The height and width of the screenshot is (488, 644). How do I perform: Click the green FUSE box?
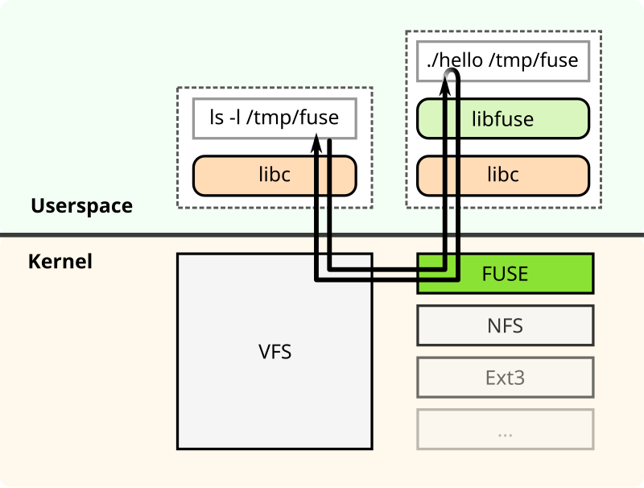[505, 274]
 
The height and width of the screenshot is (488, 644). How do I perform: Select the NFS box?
[505, 325]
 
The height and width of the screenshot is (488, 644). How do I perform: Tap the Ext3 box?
[505, 377]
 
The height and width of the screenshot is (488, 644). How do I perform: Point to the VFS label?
[275, 352]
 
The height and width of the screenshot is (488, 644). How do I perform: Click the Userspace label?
[81, 205]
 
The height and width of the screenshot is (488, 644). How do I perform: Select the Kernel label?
[60, 262]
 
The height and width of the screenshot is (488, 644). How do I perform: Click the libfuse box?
[503, 119]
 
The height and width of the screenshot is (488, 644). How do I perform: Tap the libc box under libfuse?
[503, 174]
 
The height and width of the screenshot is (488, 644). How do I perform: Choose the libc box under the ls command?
[274, 175]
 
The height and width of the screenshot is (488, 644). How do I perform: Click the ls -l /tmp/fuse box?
[274, 118]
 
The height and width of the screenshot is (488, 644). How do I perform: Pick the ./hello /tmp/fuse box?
[503, 60]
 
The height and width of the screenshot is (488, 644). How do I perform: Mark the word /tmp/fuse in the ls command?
[292, 118]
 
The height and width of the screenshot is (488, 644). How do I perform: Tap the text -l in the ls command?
[235, 118]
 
